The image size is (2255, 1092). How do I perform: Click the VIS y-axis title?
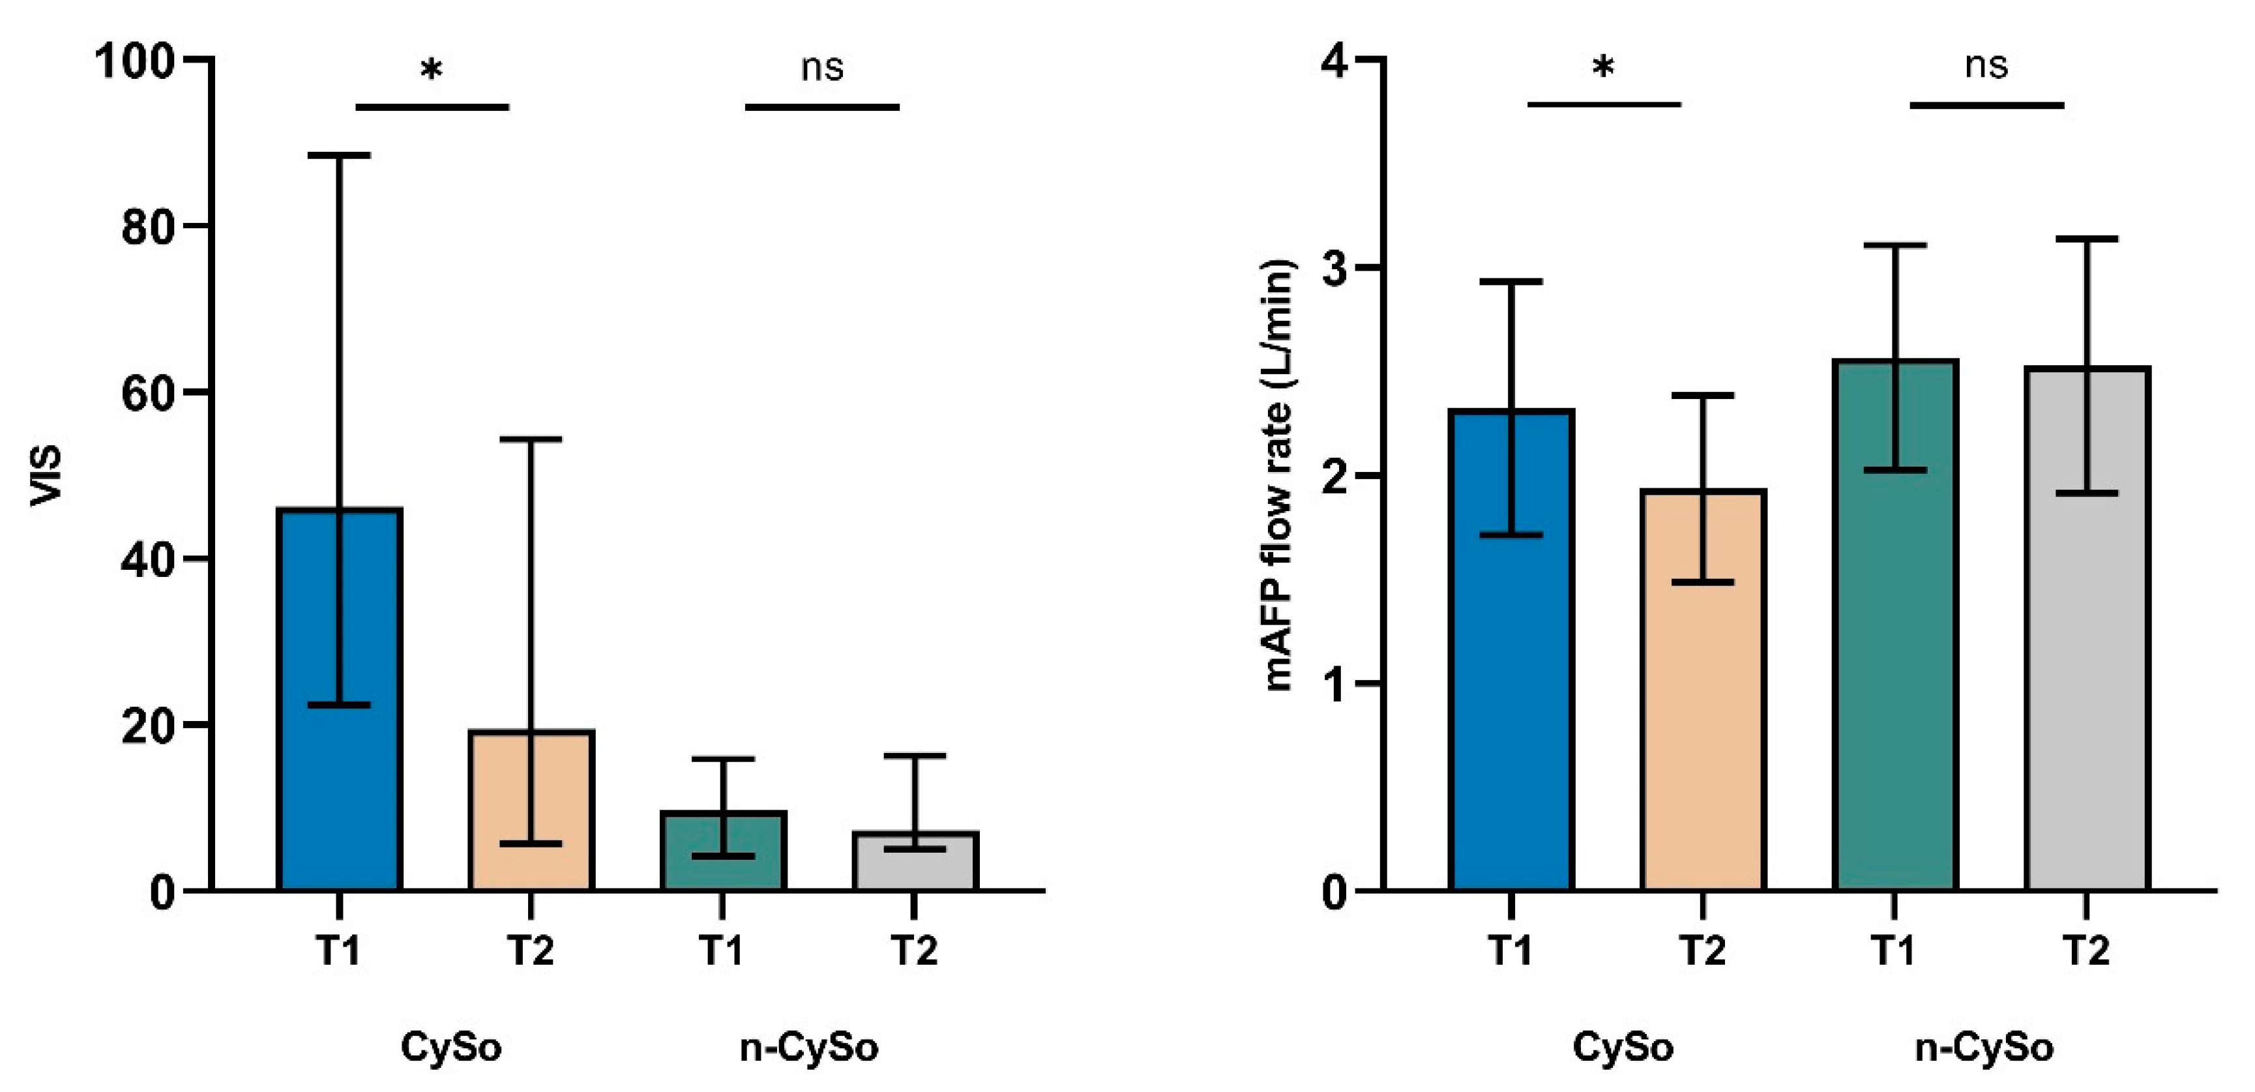pyautogui.click(x=46, y=475)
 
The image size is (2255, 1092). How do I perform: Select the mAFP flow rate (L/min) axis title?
pyautogui.click(x=1279, y=475)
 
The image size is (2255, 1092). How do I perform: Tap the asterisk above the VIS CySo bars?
pyautogui.click(x=431, y=70)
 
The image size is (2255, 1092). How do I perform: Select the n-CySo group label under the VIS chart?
pyautogui.click(x=809, y=1047)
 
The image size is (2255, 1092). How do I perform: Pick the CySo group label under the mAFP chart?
pyautogui.click(x=1623, y=1047)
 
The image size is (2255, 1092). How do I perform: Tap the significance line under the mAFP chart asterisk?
pyautogui.click(x=1604, y=104)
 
